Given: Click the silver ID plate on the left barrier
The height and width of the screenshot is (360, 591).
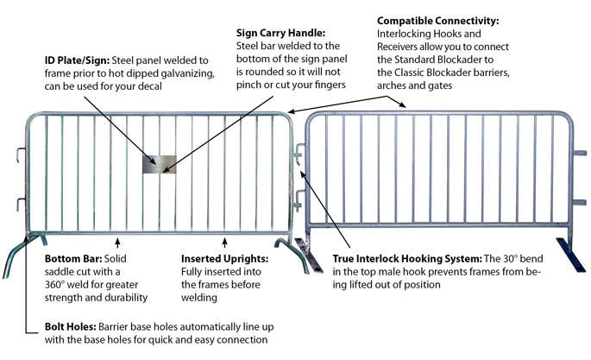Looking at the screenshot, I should tap(160, 163).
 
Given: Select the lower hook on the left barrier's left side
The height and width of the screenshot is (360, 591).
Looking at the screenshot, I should tap(18, 204).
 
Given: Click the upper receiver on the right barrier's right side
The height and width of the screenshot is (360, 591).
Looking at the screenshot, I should tap(577, 154).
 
